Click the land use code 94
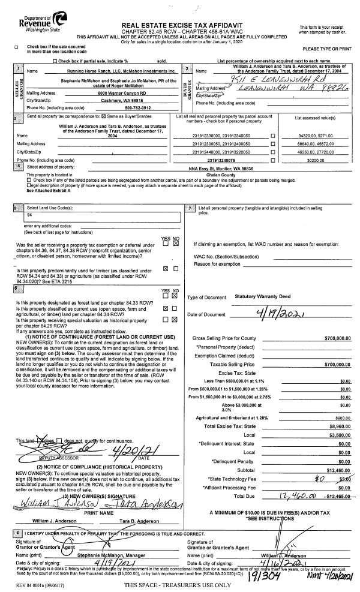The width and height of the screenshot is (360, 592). [x=29, y=214]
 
